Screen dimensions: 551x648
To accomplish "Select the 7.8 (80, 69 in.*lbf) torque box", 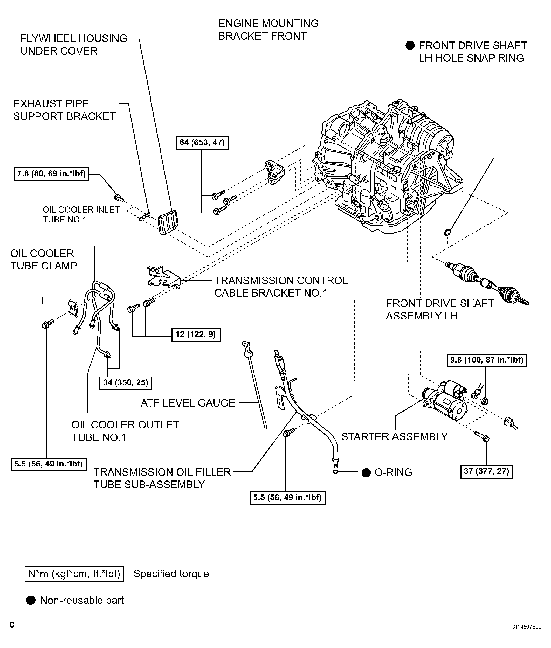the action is [52, 174].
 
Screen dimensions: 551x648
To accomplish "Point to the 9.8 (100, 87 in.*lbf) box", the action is [487, 360].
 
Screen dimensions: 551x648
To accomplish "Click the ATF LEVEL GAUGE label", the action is [188, 403].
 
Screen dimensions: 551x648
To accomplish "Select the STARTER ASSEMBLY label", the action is [395, 437].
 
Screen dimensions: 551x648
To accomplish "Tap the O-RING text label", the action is [393, 472].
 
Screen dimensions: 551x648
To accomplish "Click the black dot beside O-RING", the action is [366, 472].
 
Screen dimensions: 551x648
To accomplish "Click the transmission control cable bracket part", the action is [164, 276].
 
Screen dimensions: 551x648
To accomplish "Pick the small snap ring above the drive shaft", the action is [447, 232].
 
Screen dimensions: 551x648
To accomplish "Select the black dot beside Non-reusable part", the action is [31, 600].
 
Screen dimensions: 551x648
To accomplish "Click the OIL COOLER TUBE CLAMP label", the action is [44, 259].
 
